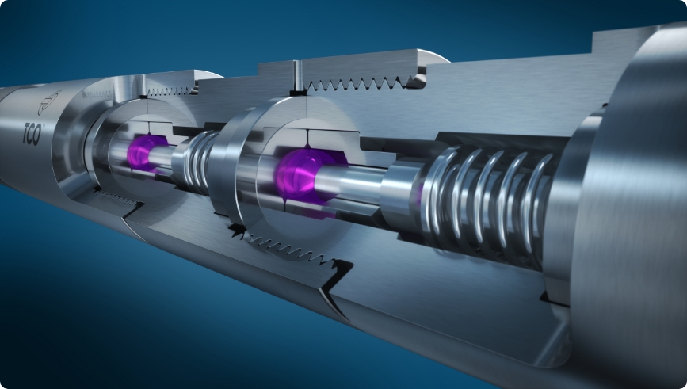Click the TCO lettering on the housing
coord(32,134)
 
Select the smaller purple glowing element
coord(143,152)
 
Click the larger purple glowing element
coord(303,175)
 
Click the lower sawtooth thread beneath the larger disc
coord(289,250)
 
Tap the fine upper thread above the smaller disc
coord(170,91)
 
